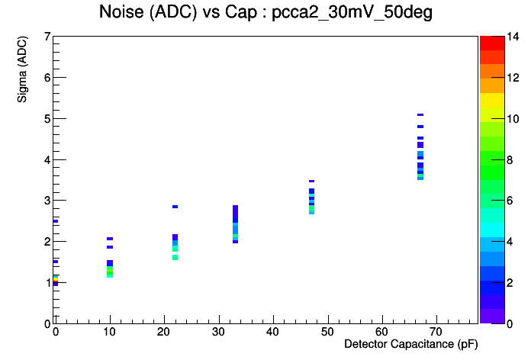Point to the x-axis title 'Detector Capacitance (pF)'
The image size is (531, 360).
(x=410, y=345)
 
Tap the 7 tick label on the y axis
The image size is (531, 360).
(x=47, y=37)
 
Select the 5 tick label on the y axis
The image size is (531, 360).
(x=47, y=119)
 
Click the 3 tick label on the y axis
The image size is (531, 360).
(x=47, y=201)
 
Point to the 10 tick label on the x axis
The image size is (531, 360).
(x=110, y=332)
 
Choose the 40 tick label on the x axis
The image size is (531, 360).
(x=273, y=332)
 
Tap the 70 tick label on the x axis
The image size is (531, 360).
(x=436, y=332)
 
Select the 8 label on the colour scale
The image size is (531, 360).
(x=512, y=160)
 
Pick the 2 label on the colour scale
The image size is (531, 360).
(x=512, y=283)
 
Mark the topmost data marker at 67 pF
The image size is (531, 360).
(x=420, y=115)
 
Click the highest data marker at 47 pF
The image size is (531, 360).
(x=311, y=182)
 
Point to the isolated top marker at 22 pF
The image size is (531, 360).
(x=175, y=207)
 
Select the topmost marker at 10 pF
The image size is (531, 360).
(x=110, y=239)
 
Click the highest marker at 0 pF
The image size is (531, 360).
(x=56, y=221)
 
